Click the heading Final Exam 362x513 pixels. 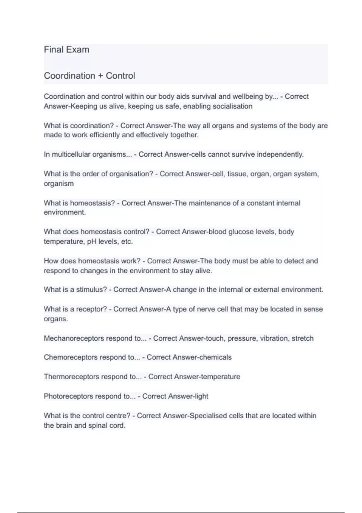(x=66, y=49)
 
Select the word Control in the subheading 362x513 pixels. (x=120, y=76)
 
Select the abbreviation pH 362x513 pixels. (x=92, y=242)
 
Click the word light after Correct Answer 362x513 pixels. (x=202, y=396)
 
